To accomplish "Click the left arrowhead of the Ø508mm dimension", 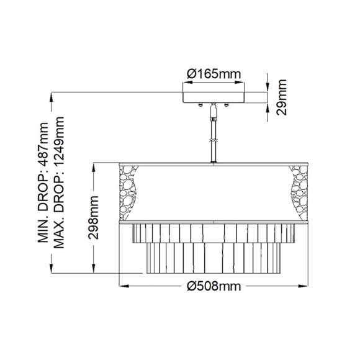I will pos(122,286).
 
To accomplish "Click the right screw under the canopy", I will pos(226,106).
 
